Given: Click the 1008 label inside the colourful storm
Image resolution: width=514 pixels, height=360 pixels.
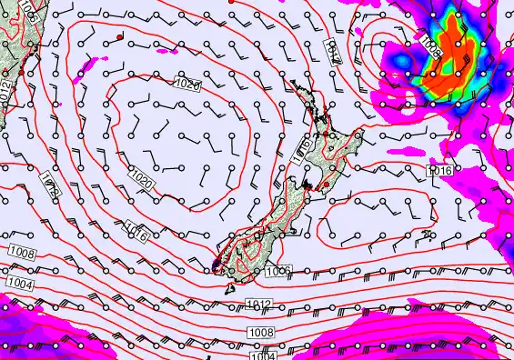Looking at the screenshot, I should pyautogui.click(x=430, y=45).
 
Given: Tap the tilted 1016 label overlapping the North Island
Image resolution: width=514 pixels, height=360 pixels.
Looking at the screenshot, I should pyautogui.click(x=304, y=150).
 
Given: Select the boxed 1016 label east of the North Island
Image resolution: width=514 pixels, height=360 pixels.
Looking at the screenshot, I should pyautogui.click(x=439, y=170).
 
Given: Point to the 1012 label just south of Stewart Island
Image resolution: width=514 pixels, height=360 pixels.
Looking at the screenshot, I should pyautogui.click(x=258, y=303).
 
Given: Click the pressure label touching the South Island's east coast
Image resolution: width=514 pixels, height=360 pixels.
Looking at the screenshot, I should pyautogui.click(x=279, y=269).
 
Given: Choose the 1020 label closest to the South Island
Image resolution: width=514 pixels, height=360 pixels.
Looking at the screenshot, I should pyautogui.click(x=142, y=178).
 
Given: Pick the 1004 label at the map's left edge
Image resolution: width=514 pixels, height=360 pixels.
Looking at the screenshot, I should pyautogui.click(x=20, y=285).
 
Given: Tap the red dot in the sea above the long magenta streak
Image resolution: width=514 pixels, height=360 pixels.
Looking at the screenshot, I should pyautogui.click(x=120, y=36).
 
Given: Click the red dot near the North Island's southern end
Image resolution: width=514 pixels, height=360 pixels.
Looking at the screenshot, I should pyautogui.click(x=325, y=185).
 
